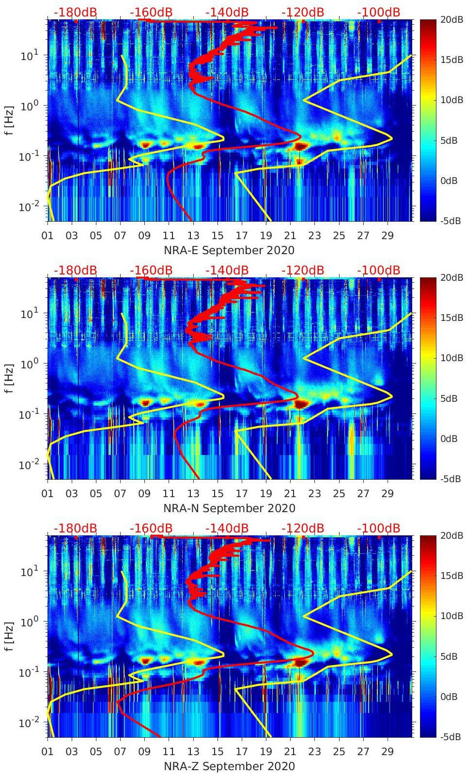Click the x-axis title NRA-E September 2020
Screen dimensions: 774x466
tap(229, 250)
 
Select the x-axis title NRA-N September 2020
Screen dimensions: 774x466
tap(229, 508)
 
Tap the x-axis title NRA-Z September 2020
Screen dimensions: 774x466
tap(229, 766)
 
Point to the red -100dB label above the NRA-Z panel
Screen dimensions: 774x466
tap(378, 528)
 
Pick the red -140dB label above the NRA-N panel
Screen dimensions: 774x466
tap(227, 270)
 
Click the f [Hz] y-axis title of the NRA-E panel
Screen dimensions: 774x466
tap(9, 120)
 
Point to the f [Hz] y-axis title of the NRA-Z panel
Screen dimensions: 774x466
tap(9, 636)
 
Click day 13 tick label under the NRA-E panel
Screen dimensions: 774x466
tap(193, 236)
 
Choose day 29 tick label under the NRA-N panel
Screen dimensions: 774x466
tap(388, 494)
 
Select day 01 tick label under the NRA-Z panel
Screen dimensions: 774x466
tap(47, 752)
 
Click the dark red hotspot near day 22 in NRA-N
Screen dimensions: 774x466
tap(301, 404)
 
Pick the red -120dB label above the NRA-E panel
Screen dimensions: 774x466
tap(303, 12)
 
